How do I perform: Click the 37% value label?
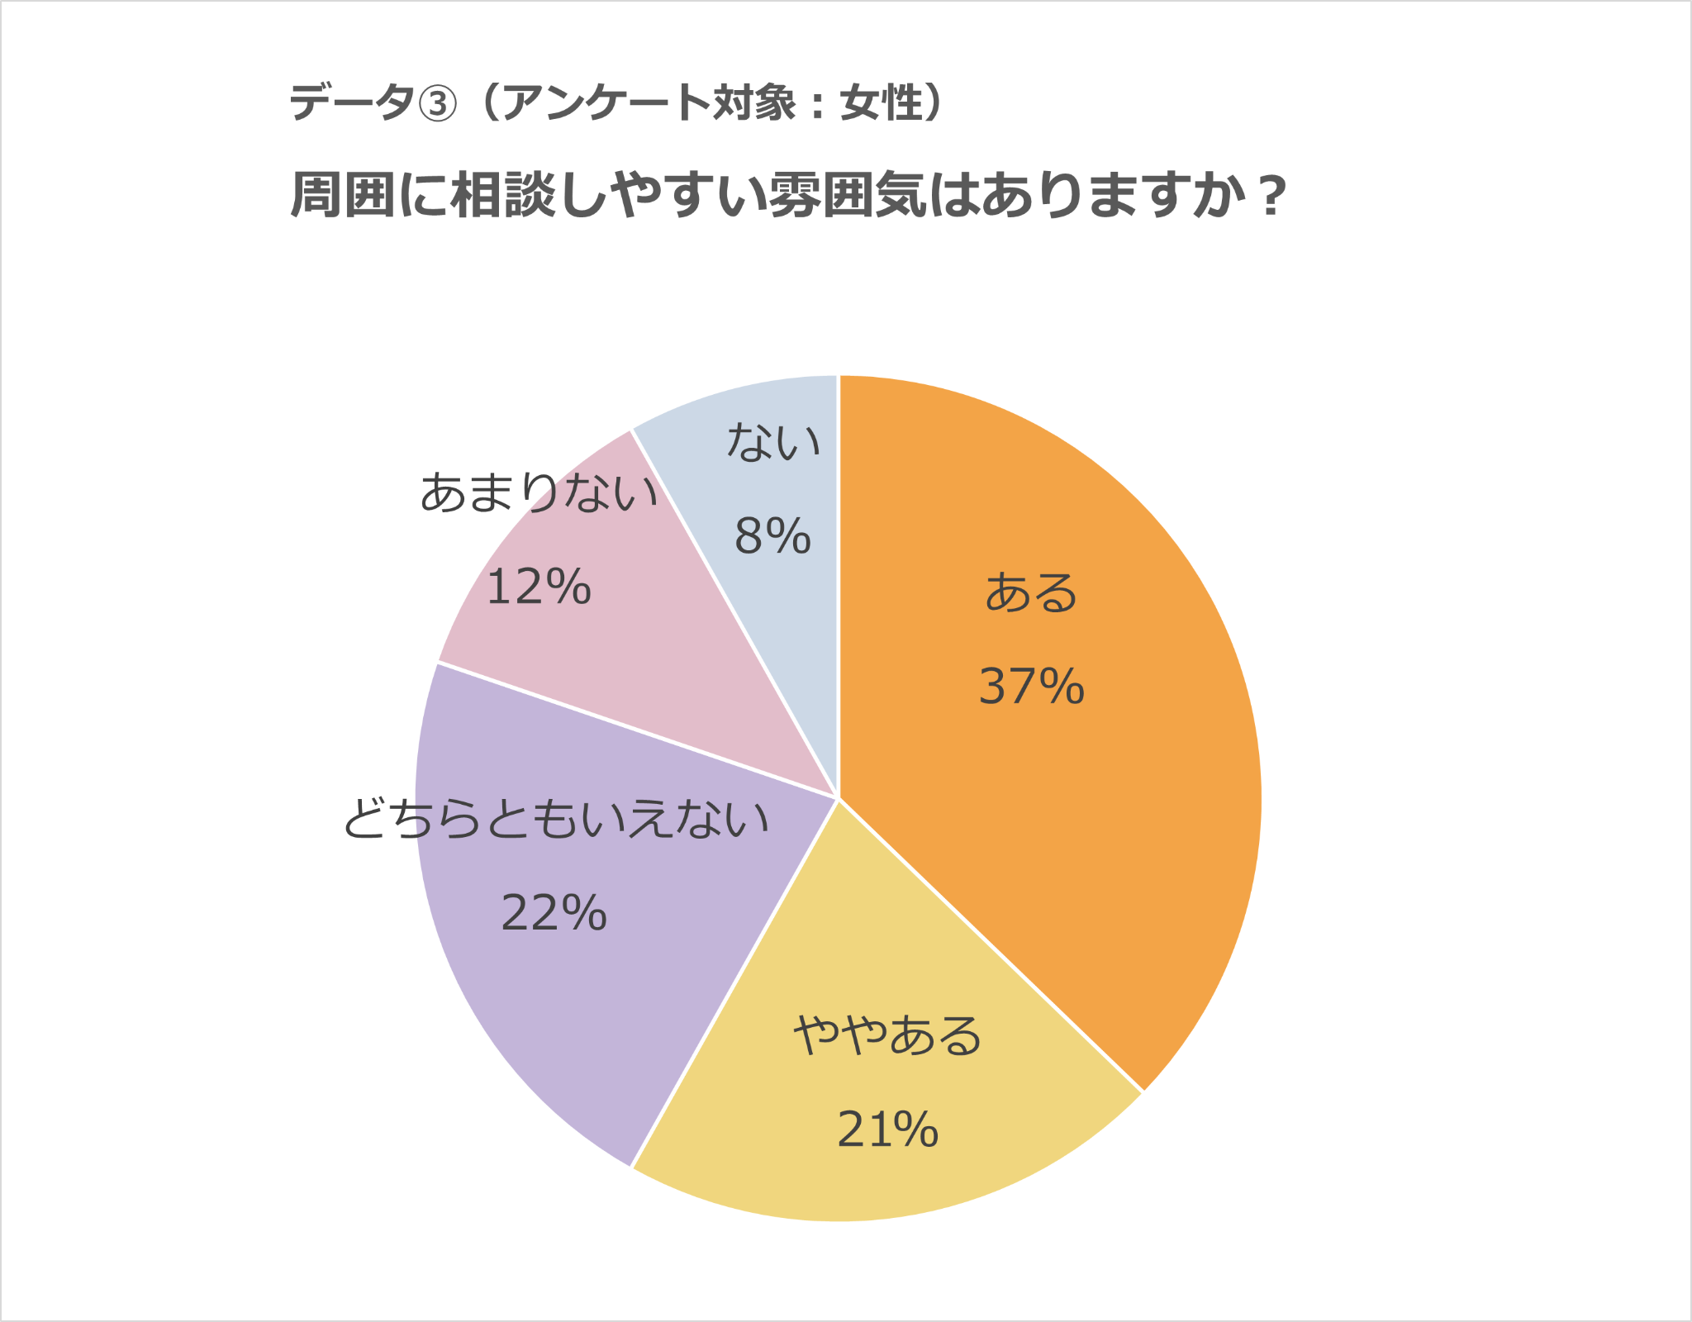click(x=1031, y=687)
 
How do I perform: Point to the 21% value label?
click(x=887, y=1130)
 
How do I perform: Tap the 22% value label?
click(x=554, y=914)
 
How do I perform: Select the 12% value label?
click(x=539, y=587)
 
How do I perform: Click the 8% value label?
click(x=772, y=536)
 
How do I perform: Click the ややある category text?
click(x=887, y=1036)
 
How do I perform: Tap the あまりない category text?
click(x=539, y=492)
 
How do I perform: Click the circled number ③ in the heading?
click(x=438, y=104)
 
